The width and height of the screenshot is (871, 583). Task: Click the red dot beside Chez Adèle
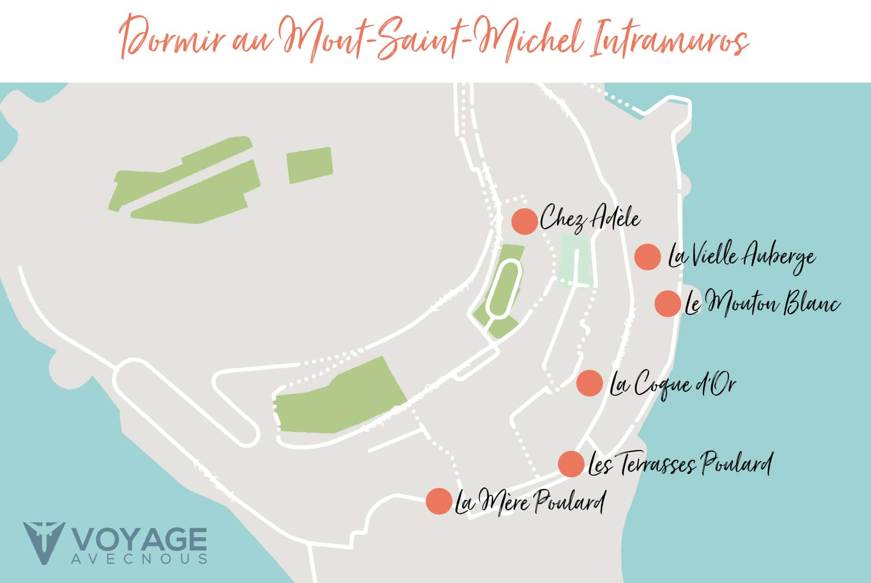tap(525, 221)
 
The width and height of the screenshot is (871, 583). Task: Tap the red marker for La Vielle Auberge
tap(647, 257)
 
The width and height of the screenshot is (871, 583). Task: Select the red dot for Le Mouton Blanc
tap(668, 304)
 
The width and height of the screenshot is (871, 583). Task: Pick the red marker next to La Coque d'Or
tap(589, 383)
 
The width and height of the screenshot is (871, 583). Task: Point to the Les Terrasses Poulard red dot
tap(571, 464)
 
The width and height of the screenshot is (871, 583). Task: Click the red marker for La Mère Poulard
tap(439, 501)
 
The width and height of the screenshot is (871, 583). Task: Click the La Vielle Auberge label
tap(741, 257)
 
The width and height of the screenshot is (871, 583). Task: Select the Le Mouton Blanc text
tap(762, 303)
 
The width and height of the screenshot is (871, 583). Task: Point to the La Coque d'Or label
tap(672, 385)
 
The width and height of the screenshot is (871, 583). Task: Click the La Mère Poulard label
tap(530, 502)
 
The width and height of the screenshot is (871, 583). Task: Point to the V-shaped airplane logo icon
tap(44, 543)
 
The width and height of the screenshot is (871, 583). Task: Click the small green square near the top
tap(309, 165)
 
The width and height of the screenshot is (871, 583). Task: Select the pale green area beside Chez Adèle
tap(575, 261)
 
